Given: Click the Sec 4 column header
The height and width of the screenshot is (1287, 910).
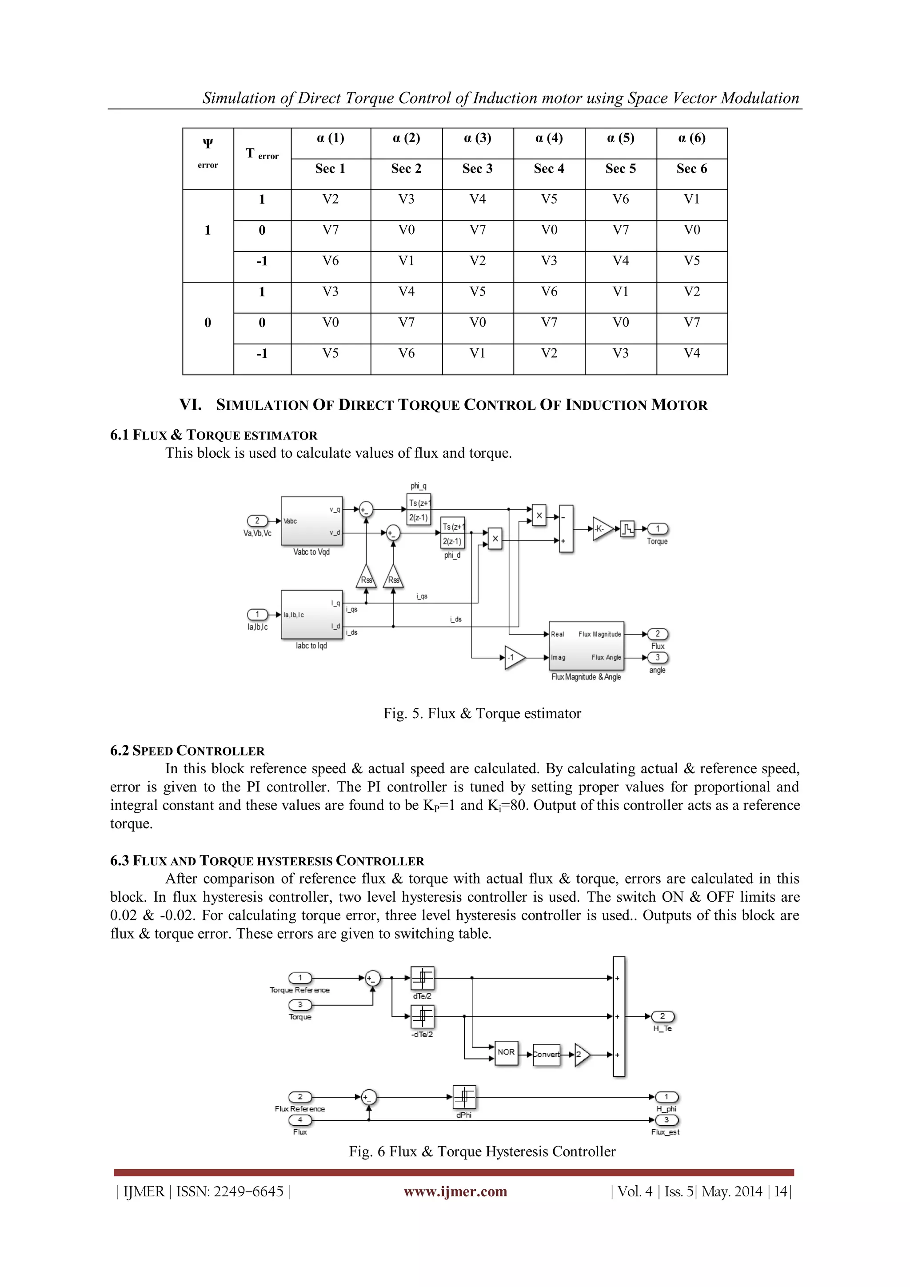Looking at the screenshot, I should point(549,169).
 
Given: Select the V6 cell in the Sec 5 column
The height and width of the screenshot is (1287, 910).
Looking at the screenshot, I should point(620,200).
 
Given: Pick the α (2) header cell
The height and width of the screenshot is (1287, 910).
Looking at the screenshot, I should point(406,139).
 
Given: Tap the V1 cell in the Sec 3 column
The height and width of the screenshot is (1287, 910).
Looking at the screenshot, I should point(477,354).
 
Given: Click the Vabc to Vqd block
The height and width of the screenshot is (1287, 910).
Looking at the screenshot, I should point(311,521).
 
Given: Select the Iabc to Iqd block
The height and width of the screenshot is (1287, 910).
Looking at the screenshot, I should point(311,615).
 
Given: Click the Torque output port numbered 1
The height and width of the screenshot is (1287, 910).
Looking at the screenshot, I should point(658,528).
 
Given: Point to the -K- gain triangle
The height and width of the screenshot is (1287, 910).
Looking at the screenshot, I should point(601,528).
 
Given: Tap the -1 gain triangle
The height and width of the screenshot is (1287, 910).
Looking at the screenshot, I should point(513,658).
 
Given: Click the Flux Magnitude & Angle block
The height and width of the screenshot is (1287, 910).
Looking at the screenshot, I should point(586,646).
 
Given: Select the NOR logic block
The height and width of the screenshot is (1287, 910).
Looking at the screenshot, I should point(506,1053).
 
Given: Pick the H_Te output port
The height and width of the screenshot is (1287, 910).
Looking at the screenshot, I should point(663,1016).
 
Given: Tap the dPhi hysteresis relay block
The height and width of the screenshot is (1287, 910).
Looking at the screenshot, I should point(464,1097).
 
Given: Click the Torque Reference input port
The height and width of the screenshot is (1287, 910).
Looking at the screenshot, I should point(300,978).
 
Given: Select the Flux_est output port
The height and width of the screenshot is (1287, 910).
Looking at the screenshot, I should point(666,1120).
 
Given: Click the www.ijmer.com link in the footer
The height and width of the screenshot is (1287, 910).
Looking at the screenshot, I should point(455,1192).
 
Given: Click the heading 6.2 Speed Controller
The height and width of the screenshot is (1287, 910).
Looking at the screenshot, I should point(187,751).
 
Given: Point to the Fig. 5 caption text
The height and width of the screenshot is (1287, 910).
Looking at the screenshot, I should point(482,714).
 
